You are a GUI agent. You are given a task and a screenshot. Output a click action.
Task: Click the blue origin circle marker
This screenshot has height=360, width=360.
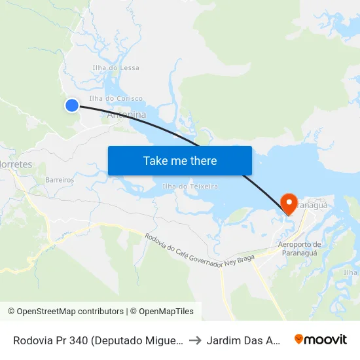(x=72, y=105)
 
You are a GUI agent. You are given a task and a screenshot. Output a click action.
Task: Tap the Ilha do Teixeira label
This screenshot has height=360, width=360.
(x=190, y=187)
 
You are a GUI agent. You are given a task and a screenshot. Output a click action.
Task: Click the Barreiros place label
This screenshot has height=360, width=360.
(x=60, y=179)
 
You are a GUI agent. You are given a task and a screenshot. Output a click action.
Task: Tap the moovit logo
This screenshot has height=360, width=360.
(x=321, y=340)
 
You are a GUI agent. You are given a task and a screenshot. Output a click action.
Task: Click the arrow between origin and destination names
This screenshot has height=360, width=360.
(x=196, y=340)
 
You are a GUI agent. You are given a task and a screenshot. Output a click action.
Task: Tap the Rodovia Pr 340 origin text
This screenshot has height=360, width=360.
(x=98, y=340)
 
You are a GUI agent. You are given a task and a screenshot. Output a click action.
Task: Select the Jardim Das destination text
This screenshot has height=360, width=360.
(x=244, y=340)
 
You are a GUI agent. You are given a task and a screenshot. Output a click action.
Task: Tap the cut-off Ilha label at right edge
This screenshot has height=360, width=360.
(x=351, y=272)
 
